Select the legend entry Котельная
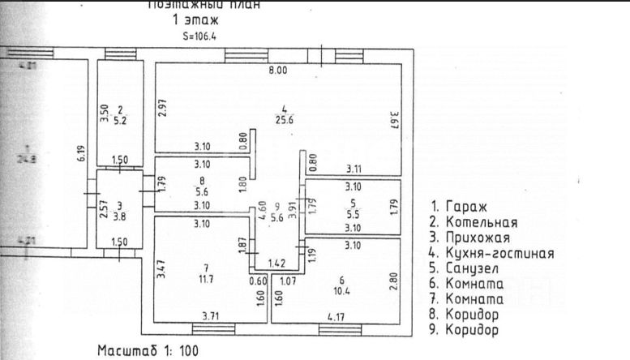click(x=474, y=222)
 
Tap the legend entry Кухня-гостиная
click(x=492, y=253)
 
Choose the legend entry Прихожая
click(x=470, y=238)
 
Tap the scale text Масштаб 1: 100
click(x=147, y=351)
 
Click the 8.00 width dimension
click(x=278, y=71)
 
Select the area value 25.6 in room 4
click(x=284, y=121)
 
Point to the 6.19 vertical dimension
click(x=81, y=154)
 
